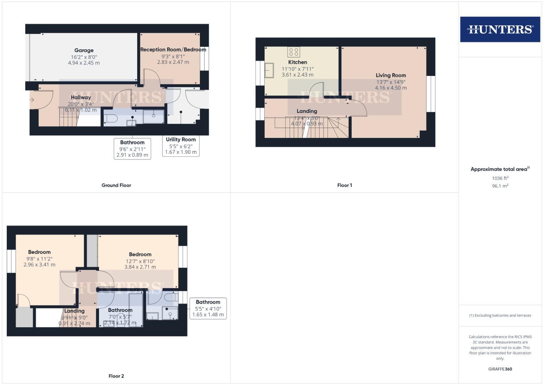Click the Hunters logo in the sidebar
(x=500, y=29)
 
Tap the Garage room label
(x=84, y=50)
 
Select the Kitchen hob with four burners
(x=294, y=52)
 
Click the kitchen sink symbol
(x=269, y=70)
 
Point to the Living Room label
(x=391, y=75)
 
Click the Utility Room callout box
(x=181, y=146)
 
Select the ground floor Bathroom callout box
(x=132, y=149)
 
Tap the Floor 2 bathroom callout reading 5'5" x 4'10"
(x=208, y=308)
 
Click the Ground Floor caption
(x=116, y=185)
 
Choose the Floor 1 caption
(x=344, y=185)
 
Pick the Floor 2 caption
(x=116, y=376)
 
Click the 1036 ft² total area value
(x=500, y=178)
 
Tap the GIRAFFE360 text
(x=500, y=369)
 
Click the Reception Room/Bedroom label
(x=173, y=50)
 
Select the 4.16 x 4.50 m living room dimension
(x=391, y=88)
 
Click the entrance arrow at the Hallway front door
(x=32, y=100)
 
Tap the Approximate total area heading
(x=499, y=169)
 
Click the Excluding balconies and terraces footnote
(x=500, y=315)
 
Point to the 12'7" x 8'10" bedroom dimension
(x=140, y=261)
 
